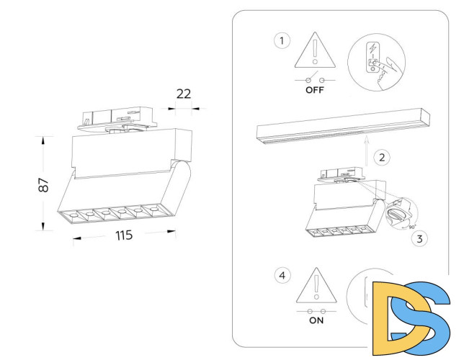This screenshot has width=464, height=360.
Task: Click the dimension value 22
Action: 184,93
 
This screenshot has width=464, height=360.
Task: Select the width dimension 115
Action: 123,236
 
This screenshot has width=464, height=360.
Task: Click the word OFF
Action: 316,91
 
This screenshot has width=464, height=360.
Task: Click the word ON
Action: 316,320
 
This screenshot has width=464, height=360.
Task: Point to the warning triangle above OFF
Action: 316,49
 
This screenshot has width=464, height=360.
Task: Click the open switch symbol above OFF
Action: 316,78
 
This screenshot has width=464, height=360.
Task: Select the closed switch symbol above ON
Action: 316,310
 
